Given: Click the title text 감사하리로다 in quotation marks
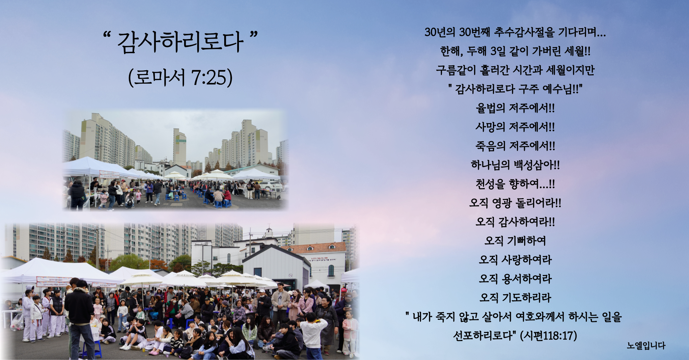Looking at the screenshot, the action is point(180,42).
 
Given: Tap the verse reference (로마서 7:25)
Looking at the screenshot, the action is point(180,77).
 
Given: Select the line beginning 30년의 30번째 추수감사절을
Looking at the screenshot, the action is point(515,33).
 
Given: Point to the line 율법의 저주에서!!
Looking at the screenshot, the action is point(515,108).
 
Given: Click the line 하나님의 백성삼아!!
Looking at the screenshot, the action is point(515,165).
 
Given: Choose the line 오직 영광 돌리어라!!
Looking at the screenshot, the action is point(515,203).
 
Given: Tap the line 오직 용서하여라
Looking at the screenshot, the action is point(515,279).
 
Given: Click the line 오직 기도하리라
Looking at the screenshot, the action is point(515,298).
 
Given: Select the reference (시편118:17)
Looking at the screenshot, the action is point(548,336).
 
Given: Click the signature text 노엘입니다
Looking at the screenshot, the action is point(646,346).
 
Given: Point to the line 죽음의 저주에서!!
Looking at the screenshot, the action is point(515,146).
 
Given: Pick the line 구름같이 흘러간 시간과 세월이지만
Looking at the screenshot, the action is point(515,70).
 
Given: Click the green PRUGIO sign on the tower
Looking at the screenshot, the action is point(181,141).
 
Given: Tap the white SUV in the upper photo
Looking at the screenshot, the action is point(271,186).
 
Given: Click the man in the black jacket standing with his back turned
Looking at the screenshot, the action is point(80,317).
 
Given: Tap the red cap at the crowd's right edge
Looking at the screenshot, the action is point(344,290).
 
